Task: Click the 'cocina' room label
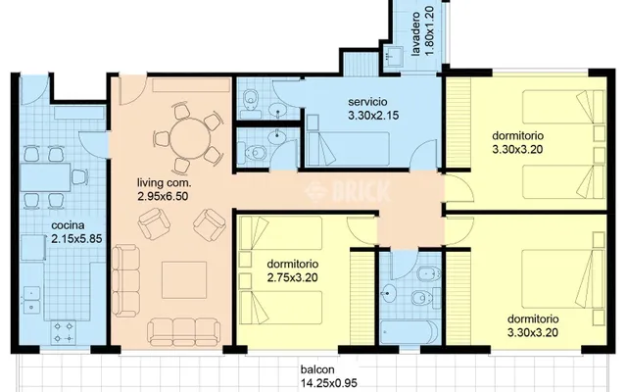click(x=68, y=224)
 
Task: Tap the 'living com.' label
click(x=164, y=183)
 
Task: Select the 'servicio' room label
click(x=367, y=102)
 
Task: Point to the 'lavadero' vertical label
click(x=415, y=34)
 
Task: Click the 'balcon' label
click(x=317, y=370)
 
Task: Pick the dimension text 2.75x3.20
click(x=292, y=277)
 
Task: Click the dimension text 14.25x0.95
click(x=329, y=383)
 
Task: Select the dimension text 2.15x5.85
click(x=76, y=239)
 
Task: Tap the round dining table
click(x=190, y=139)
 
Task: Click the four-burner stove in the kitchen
click(x=64, y=332)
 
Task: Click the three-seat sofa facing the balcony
click(x=183, y=331)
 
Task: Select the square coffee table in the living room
click(x=184, y=280)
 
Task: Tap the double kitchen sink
click(x=32, y=300)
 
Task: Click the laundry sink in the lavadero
click(x=395, y=56)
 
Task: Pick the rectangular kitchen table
click(x=45, y=176)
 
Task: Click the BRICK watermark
click(x=347, y=191)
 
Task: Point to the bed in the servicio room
click(x=348, y=148)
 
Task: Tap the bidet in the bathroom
click(x=429, y=274)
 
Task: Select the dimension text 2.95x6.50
click(x=163, y=196)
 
